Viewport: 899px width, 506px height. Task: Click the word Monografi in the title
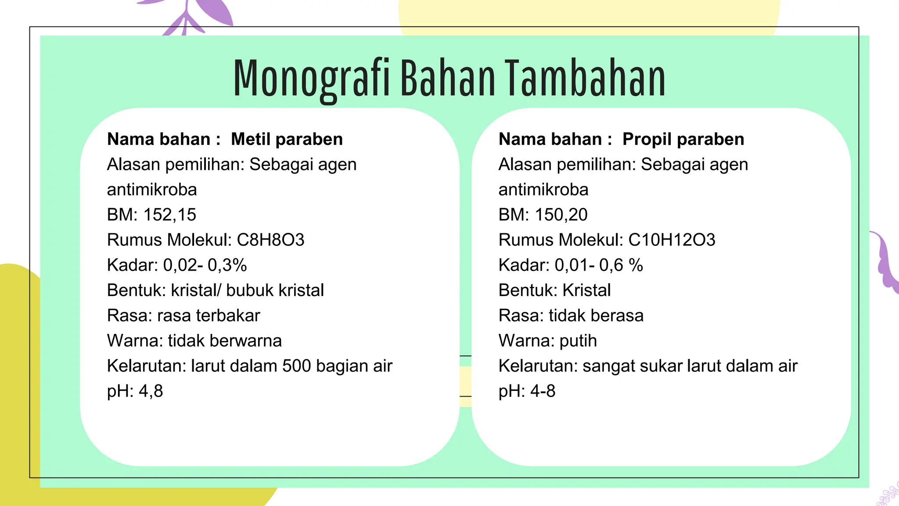[311, 79]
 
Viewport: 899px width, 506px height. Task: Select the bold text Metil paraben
[287, 139]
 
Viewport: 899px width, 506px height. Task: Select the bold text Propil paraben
[683, 139]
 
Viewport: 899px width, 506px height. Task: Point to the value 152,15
[169, 215]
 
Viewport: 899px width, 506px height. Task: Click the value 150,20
[561, 215]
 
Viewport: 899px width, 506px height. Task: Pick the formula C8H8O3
[270, 240]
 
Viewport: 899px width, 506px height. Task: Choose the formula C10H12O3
[672, 240]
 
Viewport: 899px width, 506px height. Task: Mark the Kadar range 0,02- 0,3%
[205, 265]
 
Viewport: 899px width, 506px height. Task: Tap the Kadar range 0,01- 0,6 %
[599, 265]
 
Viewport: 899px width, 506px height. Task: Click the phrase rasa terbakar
[209, 316]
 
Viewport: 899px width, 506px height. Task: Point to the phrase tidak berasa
[596, 316]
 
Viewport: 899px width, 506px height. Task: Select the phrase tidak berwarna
[225, 341]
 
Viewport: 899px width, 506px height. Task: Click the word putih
[578, 341]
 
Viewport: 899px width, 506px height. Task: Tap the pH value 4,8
[151, 391]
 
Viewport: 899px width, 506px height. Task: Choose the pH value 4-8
[543, 391]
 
